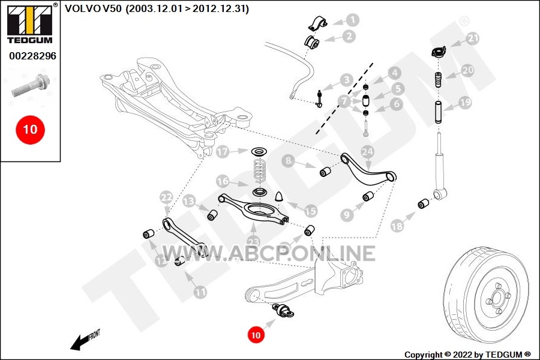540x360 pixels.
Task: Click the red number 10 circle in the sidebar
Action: click(30, 130)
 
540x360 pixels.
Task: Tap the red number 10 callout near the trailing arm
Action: click(256, 335)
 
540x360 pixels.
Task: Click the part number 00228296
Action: click(32, 56)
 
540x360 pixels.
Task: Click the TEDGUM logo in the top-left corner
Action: click(30, 25)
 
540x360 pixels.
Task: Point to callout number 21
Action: click(473, 38)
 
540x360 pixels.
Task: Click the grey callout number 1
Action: click(352, 20)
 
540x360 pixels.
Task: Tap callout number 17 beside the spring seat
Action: click(223, 152)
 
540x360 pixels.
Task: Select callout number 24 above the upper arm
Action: click(367, 152)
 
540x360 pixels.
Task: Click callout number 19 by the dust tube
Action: click(465, 103)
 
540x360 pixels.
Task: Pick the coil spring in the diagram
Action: click(260, 170)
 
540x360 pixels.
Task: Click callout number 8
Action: click(288, 161)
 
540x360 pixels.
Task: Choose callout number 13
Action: click(189, 201)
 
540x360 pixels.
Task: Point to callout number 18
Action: click(397, 226)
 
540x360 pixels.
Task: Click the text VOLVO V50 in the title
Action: click(93, 8)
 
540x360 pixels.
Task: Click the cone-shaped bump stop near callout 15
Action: click(279, 196)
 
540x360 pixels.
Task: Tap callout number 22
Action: click(166, 197)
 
